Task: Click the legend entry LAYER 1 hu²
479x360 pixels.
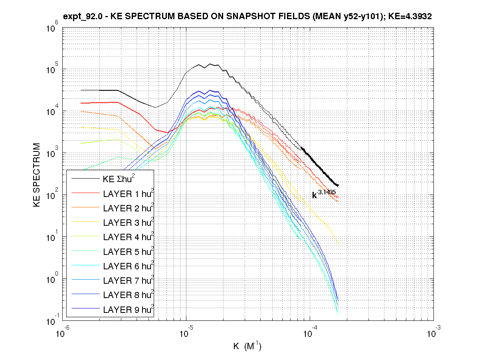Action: (x=128, y=194)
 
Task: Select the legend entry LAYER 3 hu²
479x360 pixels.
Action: (x=128, y=223)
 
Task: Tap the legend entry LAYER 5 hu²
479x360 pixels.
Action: (x=128, y=252)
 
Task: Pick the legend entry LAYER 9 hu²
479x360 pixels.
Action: (x=128, y=310)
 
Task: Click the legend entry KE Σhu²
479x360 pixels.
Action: (x=120, y=179)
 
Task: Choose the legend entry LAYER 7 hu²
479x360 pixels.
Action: (x=128, y=281)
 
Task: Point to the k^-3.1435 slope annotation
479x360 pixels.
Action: (x=324, y=194)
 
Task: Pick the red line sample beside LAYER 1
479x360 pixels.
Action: (x=85, y=194)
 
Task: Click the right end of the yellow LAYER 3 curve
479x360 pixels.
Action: (x=338, y=242)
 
